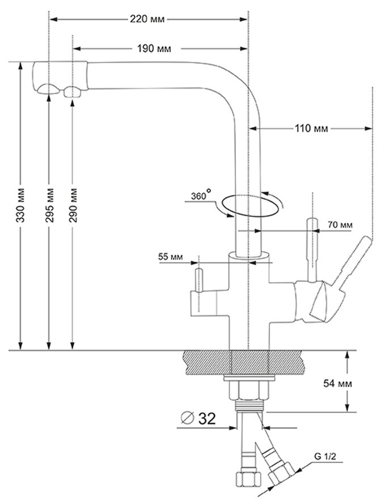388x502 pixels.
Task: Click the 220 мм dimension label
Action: pos(147,19)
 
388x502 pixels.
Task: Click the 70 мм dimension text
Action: pos(340,226)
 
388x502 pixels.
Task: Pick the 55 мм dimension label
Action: pos(171,258)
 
